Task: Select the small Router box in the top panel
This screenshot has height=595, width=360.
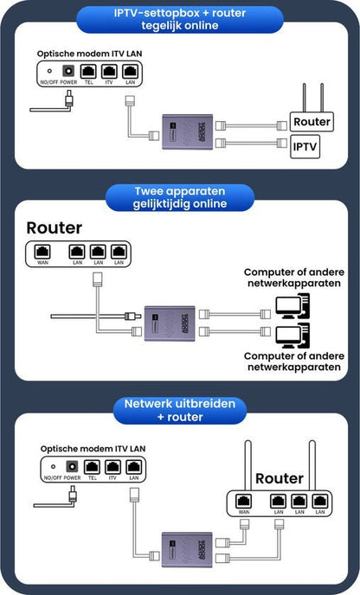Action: (312, 122)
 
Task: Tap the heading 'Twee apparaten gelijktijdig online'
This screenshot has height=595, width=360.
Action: (179, 198)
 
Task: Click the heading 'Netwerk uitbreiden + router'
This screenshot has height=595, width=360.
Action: (179, 411)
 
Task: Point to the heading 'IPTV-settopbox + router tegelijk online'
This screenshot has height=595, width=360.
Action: (179, 19)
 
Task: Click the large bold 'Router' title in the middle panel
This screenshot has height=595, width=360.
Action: (55, 228)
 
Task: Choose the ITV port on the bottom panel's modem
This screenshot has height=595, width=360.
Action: (112, 468)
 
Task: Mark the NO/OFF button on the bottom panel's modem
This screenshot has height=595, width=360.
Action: (49, 468)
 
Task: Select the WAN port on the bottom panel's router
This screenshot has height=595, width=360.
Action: (244, 502)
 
